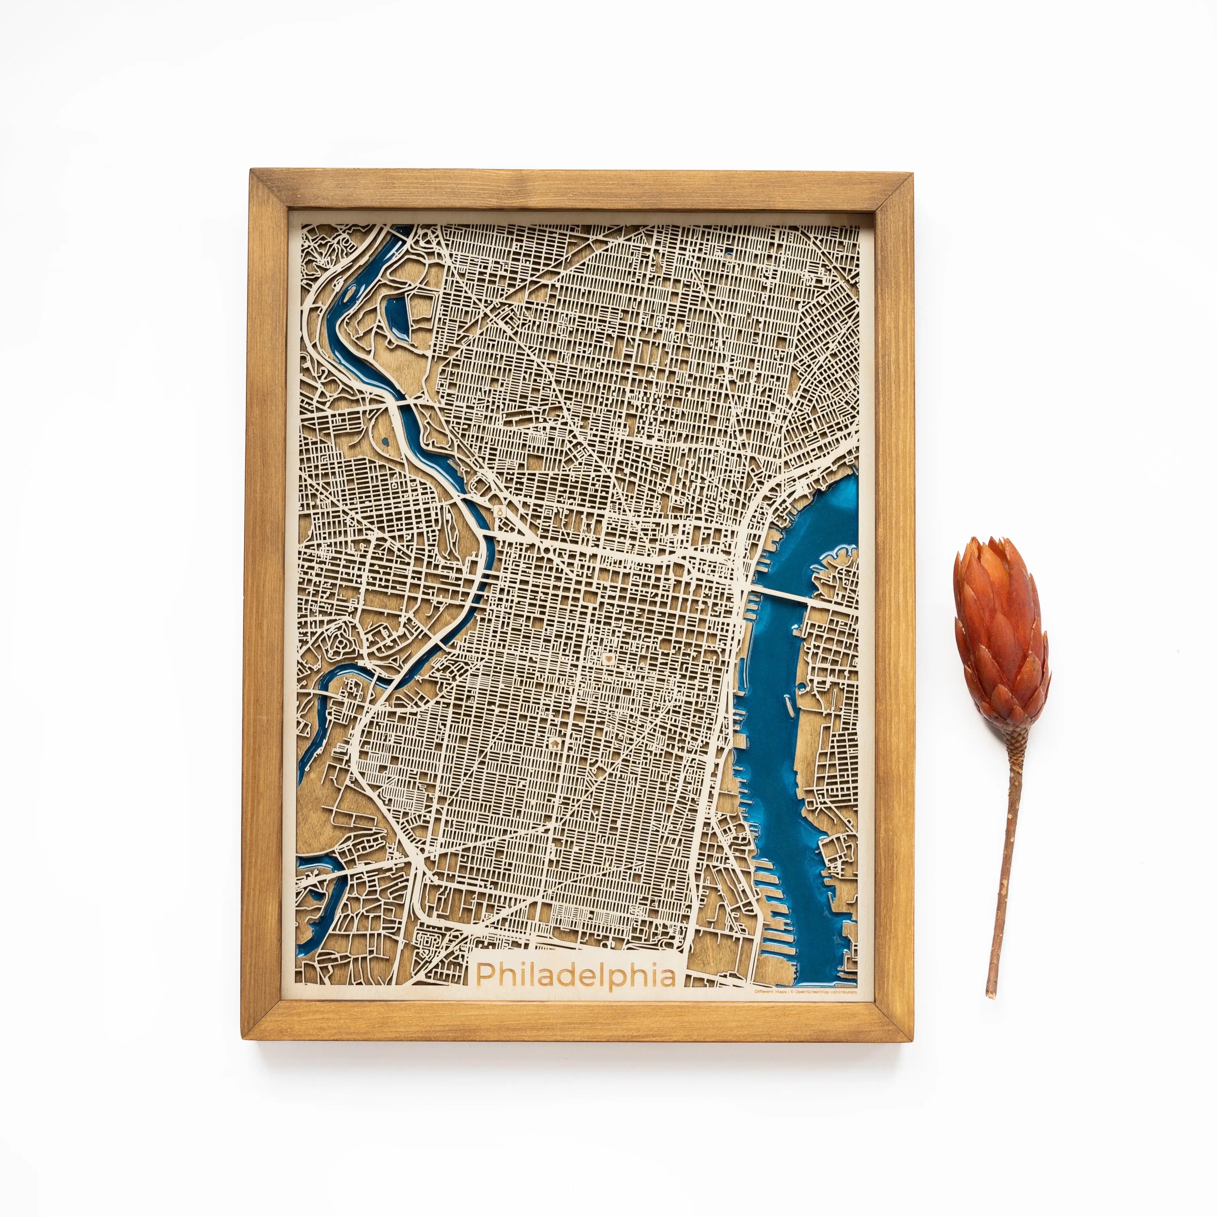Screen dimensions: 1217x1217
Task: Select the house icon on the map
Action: (554, 743)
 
